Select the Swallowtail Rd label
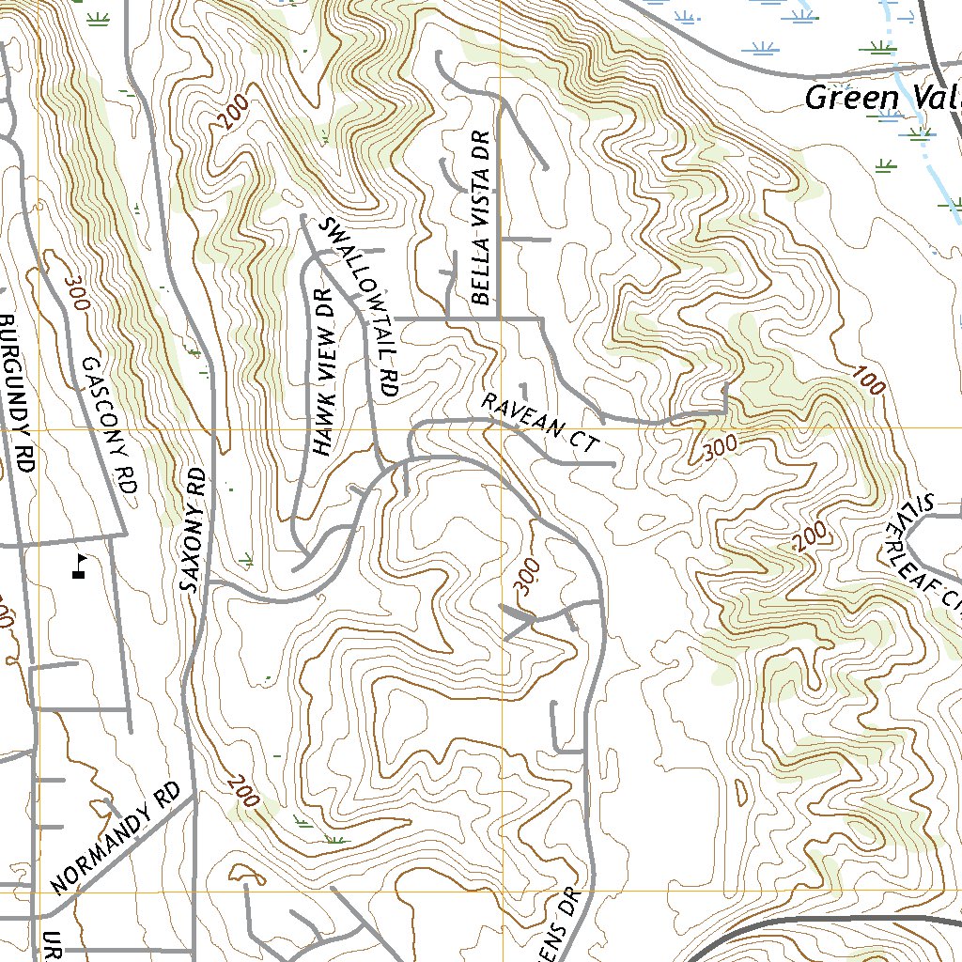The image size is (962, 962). pos(361,306)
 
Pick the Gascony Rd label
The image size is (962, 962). pos(110,425)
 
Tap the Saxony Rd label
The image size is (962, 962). pos(194,530)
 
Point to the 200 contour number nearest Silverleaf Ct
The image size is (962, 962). pos(809,536)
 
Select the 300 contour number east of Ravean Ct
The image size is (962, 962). pos(720,449)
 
